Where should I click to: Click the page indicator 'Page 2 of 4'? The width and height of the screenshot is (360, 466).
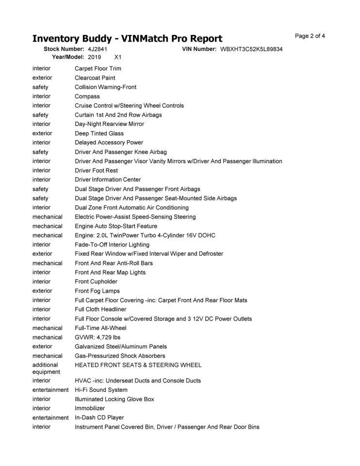310,36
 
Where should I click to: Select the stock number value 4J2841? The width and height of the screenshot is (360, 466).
98,49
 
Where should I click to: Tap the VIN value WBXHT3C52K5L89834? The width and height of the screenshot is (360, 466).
251,49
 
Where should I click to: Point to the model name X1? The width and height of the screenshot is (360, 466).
117,57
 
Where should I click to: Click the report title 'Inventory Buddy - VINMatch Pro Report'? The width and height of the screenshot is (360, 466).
127,39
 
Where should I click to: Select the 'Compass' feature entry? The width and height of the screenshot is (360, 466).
87,96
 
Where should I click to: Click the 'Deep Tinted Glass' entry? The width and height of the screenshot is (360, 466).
99,133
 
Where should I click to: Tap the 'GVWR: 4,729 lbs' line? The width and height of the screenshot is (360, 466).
97,337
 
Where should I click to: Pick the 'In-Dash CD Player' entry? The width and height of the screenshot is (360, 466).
99,417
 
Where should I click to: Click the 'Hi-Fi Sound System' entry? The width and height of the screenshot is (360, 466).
101,390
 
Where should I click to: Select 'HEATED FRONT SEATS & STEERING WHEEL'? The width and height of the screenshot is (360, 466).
138,365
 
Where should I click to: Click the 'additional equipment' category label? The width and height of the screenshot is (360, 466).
46,368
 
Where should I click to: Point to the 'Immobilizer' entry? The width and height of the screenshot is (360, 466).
90,408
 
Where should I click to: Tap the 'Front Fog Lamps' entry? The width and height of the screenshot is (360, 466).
97,291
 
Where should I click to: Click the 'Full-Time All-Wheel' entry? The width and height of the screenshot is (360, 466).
100,328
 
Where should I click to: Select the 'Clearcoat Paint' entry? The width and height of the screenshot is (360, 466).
95,78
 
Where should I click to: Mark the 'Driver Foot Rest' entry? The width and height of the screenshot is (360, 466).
96,170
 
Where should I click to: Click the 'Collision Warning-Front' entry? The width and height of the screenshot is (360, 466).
105,87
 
